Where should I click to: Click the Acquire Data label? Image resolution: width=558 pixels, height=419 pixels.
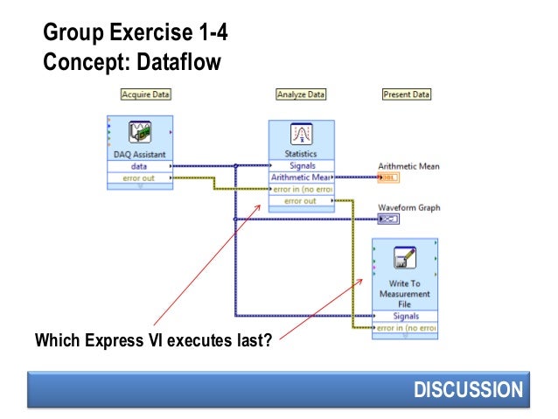[145, 94]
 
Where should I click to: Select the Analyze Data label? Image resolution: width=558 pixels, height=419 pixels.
[301, 94]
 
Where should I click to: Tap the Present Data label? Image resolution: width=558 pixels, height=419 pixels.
[407, 94]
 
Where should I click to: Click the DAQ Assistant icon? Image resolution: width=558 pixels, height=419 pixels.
[141, 133]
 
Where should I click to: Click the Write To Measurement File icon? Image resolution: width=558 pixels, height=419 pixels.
[405, 258]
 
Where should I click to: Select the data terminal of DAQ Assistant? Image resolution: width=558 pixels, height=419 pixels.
[139, 165]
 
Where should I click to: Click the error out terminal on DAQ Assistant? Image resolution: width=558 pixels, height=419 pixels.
[139, 178]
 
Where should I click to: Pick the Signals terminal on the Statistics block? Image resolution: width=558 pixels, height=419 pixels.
[302, 165]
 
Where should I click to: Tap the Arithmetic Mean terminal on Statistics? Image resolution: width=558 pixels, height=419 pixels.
[302, 178]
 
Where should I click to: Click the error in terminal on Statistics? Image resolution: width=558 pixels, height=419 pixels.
[302, 189]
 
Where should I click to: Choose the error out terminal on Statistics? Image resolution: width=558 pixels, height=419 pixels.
[302, 201]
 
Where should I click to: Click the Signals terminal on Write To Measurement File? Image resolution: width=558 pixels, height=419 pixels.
[405, 316]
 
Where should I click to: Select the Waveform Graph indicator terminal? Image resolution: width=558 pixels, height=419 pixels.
[388, 220]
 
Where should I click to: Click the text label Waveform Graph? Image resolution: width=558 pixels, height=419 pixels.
[408, 208]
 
